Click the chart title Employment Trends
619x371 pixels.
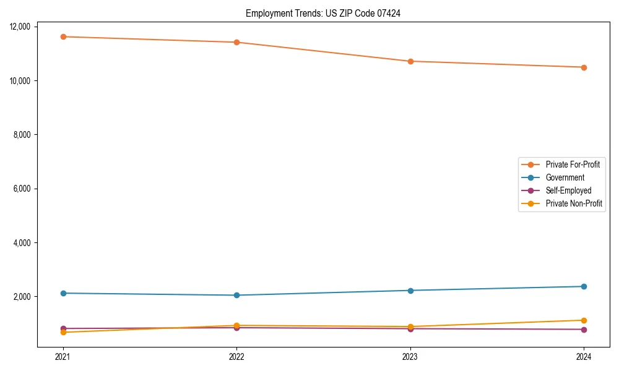(x=322, y=13)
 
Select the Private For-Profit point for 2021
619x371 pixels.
(x=63, y=36)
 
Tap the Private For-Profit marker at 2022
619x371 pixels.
(x=236, y=42)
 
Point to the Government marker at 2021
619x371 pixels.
(x=63, y=293)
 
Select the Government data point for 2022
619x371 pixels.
(x=236, y=295)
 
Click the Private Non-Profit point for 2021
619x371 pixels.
(x=63, y=333)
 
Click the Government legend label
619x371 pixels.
(x=565, y=177)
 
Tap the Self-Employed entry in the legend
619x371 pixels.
(x=568, y=190)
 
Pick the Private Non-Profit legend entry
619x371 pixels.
(x=574, y=203)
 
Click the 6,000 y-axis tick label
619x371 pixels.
(x=24, y=189)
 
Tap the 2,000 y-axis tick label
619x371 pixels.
(x=24, y=297)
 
